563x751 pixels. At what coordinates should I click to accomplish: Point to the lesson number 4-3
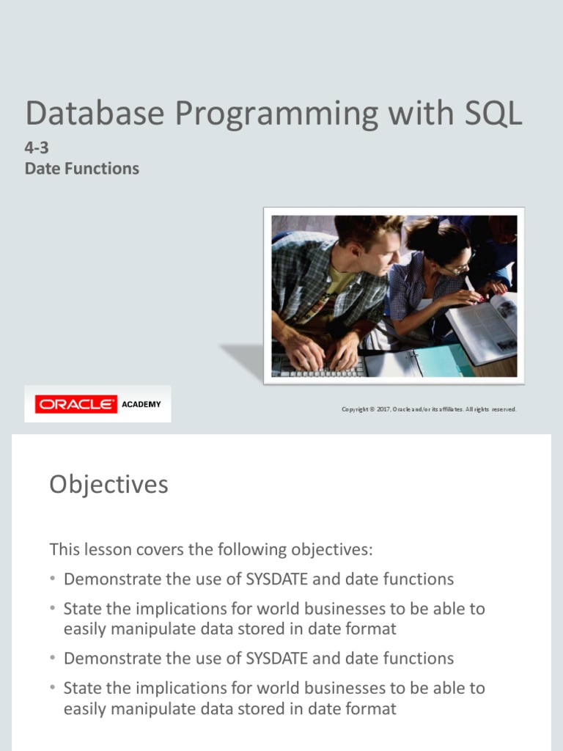point(37,148)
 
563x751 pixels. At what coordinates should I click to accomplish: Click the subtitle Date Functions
point(81,169)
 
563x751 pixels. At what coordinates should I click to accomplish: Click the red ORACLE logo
point(76,404)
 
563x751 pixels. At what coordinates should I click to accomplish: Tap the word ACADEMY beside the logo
point(141,404)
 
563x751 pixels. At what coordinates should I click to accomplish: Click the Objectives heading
point(108,485)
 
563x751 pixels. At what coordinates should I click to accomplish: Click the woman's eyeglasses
point(457,268)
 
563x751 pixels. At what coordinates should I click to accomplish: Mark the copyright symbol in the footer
point(372,409)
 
